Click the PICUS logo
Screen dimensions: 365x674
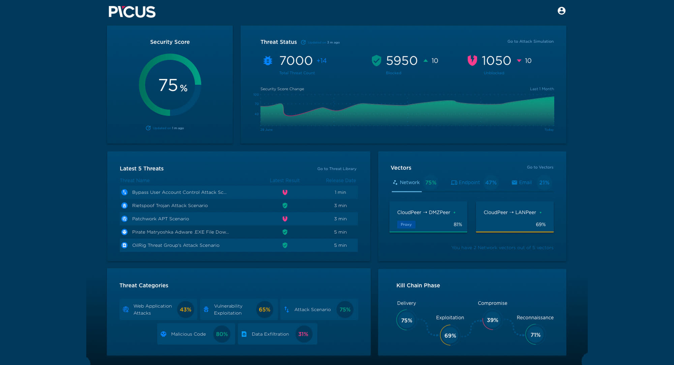tap(132, 12)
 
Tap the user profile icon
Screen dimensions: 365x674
tap(561, 11)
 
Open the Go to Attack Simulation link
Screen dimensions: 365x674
tap(530, 41)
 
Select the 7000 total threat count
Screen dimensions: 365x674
tap(296, 61)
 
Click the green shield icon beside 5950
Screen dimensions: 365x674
tap(376, 61)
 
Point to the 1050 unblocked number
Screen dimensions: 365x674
tap(496, 61)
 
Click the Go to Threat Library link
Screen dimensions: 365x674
tap(336, 169)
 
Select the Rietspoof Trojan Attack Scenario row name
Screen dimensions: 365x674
tap(170, 206)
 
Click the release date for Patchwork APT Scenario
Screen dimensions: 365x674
tap(340, 219)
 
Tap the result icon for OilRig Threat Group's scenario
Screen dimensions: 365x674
tap(285, 245)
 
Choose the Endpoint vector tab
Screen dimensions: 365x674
tap(466, 183)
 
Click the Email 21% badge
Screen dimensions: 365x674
tap(544, 183)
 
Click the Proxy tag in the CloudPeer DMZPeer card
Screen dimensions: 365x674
tap(406, 224)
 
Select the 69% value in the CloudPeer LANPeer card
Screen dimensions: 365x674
tap(541, 224)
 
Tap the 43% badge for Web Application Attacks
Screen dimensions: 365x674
tap(185, 310)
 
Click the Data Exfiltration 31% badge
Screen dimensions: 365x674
tap(303, 334)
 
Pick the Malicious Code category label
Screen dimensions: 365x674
tap(188, 334)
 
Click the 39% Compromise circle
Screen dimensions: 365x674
tap(492, 320)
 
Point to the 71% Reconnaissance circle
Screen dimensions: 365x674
tap(535, 335)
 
